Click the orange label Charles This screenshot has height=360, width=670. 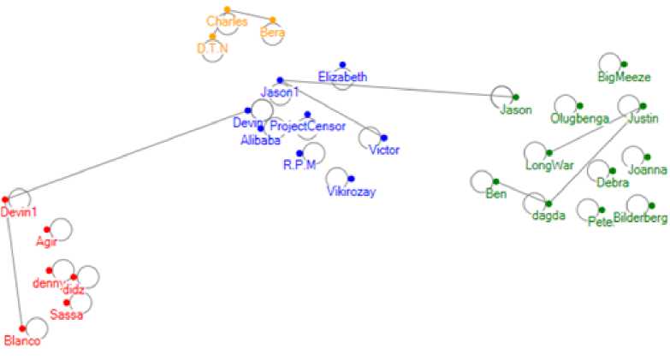[227, 21]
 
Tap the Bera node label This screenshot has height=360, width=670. [272, 33]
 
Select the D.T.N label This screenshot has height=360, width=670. [212, 49]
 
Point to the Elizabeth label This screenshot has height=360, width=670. [342, 77]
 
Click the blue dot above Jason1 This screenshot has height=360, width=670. [280, 80]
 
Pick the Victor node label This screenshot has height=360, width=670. [383, 150]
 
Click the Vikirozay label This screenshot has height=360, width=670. [351, 192]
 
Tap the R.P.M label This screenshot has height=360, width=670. [299, 165]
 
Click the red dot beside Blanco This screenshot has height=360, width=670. [22, 328]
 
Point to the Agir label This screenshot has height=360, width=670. [45, 241]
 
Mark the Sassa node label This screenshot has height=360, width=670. [66, 315]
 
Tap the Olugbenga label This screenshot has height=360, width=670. [579, 118]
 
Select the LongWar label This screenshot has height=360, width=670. [549, 165]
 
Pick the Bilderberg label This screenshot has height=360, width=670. [640, 219]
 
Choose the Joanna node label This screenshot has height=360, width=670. [647, 169]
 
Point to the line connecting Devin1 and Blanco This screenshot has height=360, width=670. [14, 264]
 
